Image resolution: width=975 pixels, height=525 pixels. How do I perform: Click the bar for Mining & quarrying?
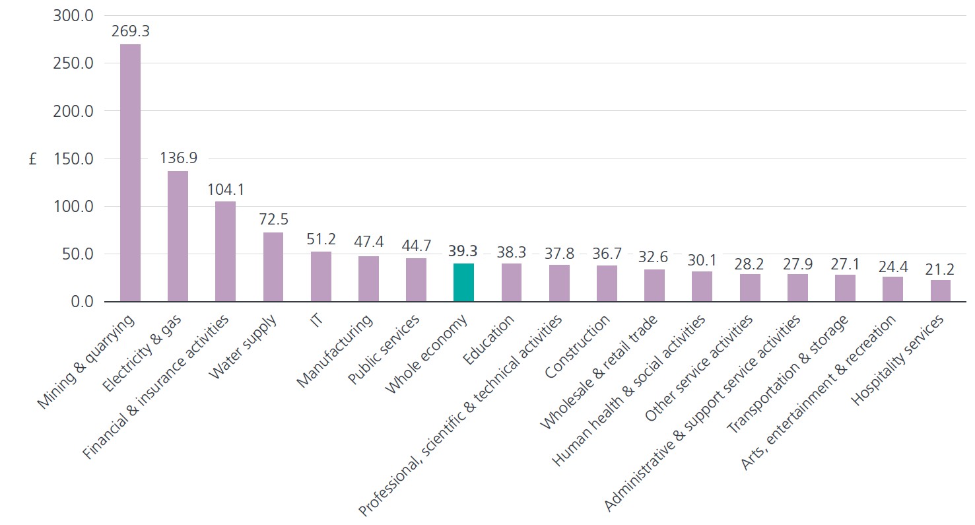(130, 173)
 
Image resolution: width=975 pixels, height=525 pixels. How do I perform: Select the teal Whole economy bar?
(463, 283)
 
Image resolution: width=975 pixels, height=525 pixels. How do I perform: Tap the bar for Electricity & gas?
(178, 236)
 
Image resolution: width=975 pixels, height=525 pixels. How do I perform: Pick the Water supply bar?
(273, 267)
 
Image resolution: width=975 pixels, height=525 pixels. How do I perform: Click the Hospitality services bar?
(941, 291)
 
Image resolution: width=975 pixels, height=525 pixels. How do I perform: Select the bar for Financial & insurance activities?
(225, 252)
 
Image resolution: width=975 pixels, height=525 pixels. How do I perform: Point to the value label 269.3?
(130, 32)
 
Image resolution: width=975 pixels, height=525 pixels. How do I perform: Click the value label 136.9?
(178, 158)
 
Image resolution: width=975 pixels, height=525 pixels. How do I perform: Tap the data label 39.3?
(463, 251)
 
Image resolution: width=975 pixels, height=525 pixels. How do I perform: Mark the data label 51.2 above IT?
(321, 239)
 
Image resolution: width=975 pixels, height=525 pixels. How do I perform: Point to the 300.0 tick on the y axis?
(73, 16)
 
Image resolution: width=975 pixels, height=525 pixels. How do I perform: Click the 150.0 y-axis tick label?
(73, 158)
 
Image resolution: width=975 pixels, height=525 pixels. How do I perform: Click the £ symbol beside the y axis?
(33, 159)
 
